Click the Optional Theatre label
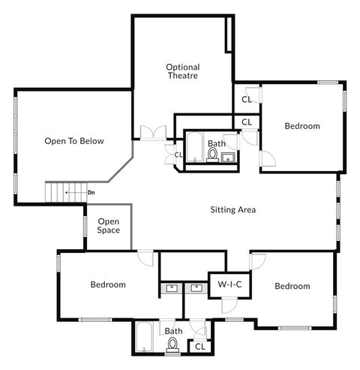tap(182, 71)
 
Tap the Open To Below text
tap(73, 141)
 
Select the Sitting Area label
tap(232, 209)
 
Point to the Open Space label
tap(109, 226)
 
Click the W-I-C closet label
tap(229, 284)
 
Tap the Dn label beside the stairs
tap(91, 193)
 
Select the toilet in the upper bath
tap(212, 155)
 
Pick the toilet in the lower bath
tap(173, 344)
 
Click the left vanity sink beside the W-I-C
tap(172, 287)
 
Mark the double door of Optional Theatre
tap(152, 134)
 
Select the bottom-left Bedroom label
tap(108, 284)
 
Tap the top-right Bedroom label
tap(301, 126)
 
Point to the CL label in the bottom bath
tap(199, 346)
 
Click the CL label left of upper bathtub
tap(178, 155)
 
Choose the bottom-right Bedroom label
tap(292, 286)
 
